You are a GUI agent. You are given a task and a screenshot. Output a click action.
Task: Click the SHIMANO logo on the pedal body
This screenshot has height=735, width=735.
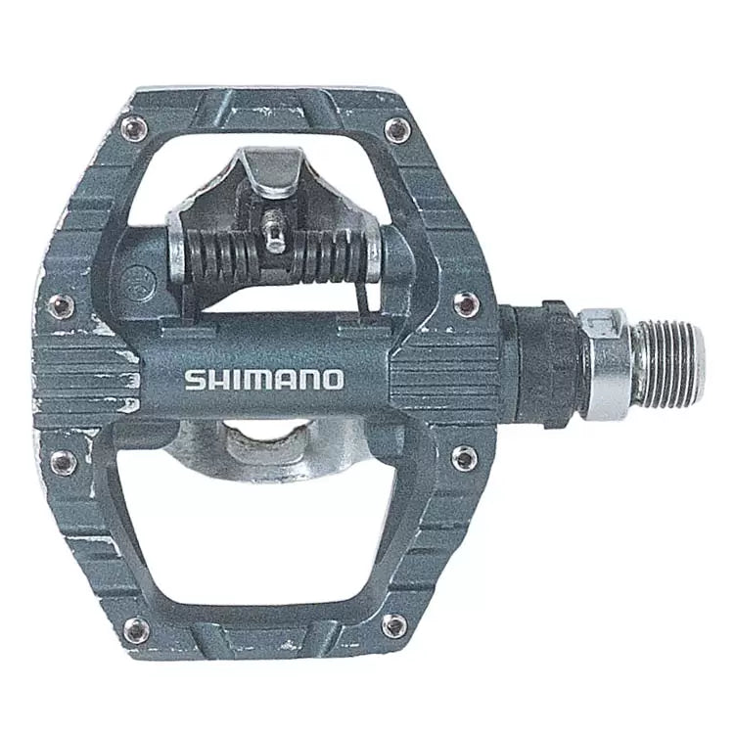click(x=264, y=379)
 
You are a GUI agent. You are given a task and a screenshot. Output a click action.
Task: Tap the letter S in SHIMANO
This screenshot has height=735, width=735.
click(x=195, y=380)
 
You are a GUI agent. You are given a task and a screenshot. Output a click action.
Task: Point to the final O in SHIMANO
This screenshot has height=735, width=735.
click(x=333, y=379)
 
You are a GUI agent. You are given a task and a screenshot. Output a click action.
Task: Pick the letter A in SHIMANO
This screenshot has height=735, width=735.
click(x=288, y=380)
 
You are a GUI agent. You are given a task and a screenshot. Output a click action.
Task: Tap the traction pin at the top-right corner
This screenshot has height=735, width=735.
click(x=396, y=131)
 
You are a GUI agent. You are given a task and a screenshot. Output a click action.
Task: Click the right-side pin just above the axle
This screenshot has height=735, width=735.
click(x=467, y=303)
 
